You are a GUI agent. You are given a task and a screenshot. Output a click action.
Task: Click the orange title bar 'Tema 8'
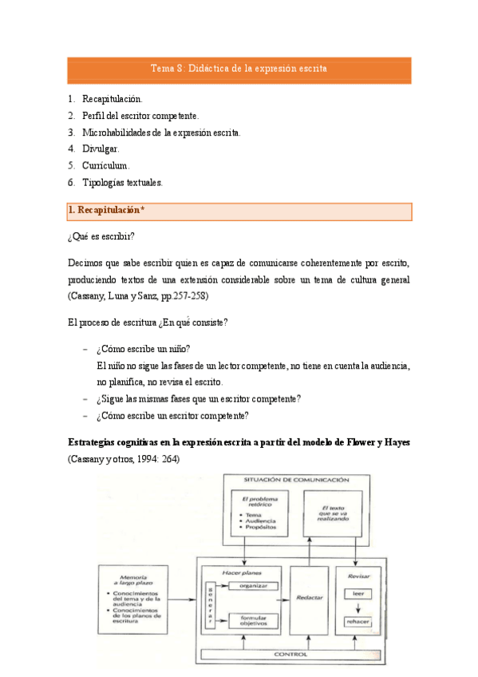pyautogui.click(x=239, y=69)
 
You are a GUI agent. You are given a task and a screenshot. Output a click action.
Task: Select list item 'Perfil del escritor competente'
pyautogui.click(x=140, y=116)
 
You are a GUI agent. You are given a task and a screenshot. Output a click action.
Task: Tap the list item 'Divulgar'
pyautogui.click(x=101, y=148)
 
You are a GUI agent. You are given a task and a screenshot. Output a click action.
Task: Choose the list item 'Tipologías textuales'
pyautogui.click(x=122, y=182)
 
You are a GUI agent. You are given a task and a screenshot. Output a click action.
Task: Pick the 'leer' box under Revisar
pyautogui.click(x=357, y=593)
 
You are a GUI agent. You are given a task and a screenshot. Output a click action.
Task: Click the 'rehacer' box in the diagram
pyautogui.click(x=357, y=622)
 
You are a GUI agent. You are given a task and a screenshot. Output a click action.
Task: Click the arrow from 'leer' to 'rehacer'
pyautogui.click(x=357, y=608)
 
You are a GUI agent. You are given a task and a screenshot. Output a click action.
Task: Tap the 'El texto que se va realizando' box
pyautogui.click(x=333, y=513)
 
